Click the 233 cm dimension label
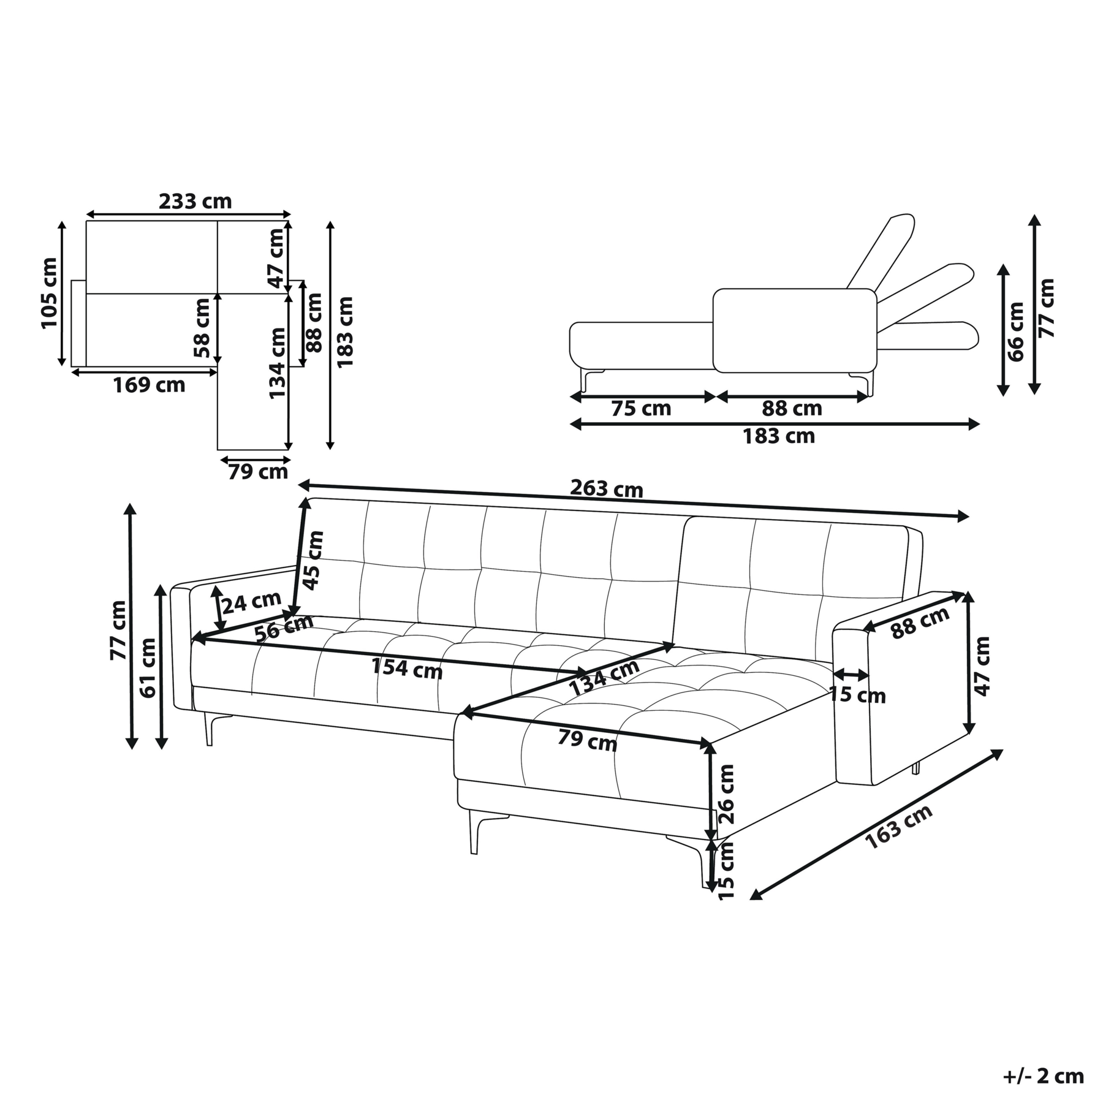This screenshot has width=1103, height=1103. (195, 201)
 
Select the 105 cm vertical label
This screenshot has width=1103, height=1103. (49, 293)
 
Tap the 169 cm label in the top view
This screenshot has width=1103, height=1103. (149, 385)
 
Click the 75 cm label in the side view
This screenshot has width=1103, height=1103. (641, 408)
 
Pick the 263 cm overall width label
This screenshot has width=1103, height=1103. (607, 488)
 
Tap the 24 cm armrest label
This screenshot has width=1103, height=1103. (251, 602)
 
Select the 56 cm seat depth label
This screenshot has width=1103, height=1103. (284, 629)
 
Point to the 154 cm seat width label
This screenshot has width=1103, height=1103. (407, 668)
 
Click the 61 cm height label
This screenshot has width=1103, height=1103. (148, 667)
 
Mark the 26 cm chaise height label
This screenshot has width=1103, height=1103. (726, 794)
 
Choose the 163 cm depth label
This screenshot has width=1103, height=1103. (898, 827)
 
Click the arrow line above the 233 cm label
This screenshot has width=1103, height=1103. (188, 214)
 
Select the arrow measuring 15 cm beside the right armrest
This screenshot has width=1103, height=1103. (851, 675)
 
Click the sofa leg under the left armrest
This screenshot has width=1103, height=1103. (210, 729)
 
